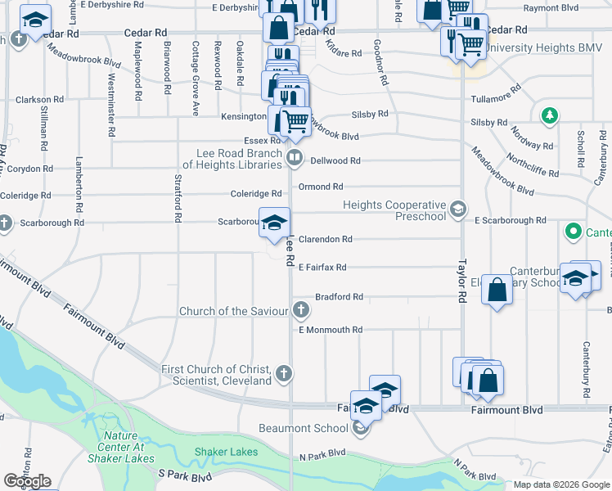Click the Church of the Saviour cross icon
click(x=301, y=310)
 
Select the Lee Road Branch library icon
click(x=295, y=157)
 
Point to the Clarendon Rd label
click(x=325, y=240)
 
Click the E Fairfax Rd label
click(x=322, y=268)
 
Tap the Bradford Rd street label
click(x=339, y=297)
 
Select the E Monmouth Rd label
click(x=330, y=330)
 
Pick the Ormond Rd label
click(x=321, y=187)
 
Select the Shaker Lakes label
click(x=227, y=452)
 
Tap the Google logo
click(x=27, y=481)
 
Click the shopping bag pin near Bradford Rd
click(x=497, y=290)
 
